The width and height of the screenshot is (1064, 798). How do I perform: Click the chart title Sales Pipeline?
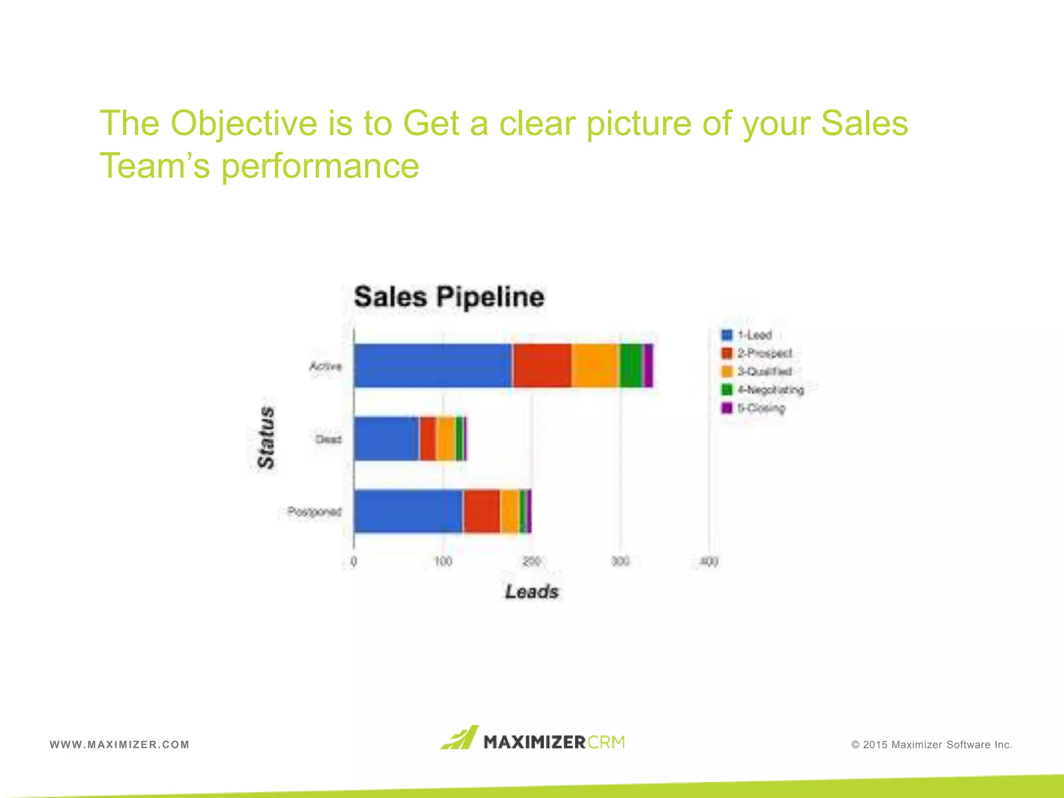point(449,297)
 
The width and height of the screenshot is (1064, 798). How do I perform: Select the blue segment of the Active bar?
point(433,366)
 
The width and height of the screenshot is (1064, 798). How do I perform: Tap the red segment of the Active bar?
point(542,366)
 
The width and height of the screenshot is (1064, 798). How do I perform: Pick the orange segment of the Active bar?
point(595,366)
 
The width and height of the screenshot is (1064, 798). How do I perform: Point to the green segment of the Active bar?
point(631,366)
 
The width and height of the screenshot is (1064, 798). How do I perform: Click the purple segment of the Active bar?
point(648,366)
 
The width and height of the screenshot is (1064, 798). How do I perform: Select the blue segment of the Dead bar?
point(387,438)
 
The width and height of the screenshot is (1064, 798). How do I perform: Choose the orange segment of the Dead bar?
point(446,438)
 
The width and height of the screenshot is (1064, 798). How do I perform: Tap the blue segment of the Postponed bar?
point(408,511)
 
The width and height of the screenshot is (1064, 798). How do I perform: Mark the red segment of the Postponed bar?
point(482,511)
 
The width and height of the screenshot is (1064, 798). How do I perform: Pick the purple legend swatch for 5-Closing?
point(727,408)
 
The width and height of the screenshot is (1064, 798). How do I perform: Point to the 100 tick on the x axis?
point(443,562)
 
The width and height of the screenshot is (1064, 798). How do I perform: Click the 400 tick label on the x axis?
point(709,562)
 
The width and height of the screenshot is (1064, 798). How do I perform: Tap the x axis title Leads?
point(531,592)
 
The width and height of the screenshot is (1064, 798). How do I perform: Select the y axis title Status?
point(266,438)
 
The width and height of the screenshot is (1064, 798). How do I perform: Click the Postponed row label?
point(314,512)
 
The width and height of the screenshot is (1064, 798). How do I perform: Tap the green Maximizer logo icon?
point(460,738)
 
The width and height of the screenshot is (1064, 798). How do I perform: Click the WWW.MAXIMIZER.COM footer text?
point(119,744)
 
